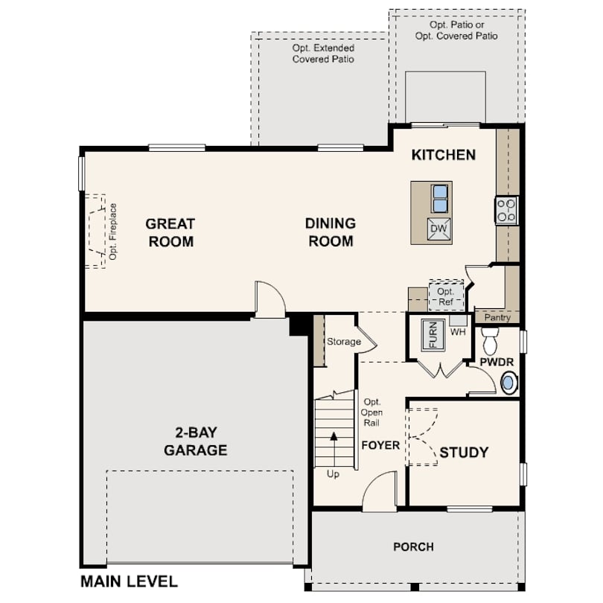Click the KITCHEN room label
(x=444, y=155)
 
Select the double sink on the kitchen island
(x=440, y=198)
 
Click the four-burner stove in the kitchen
(x=507, y=210)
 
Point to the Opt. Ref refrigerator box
(x=446, y=296)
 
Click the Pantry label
(x=497, y=317)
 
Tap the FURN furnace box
(x=433, y=334)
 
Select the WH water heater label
(x=457, y=331)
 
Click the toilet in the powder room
(x=490, y=342)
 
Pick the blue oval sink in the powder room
(x=508, y=383)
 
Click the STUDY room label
(x=464, y=452)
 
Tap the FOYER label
(x=380, y=445)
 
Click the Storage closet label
(x=344, y=342)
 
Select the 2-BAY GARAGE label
(x=196, y=441)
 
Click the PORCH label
(x=413, y=546)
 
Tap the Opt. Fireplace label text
(x=113, y=231)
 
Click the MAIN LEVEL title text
(x=129, y=581)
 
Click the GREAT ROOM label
(x=170, y=232)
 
